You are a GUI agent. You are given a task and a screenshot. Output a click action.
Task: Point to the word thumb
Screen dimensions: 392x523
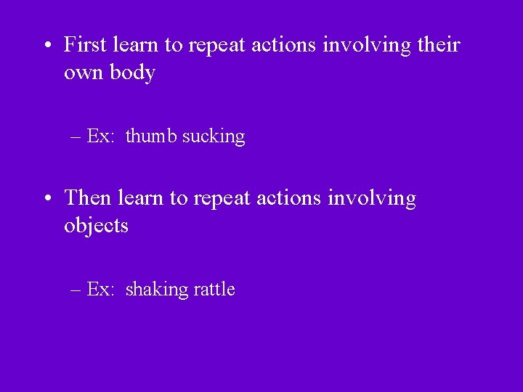151,136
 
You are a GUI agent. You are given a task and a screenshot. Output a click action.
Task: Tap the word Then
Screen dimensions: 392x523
88,197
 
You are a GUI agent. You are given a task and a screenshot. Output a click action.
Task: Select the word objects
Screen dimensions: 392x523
96,226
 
